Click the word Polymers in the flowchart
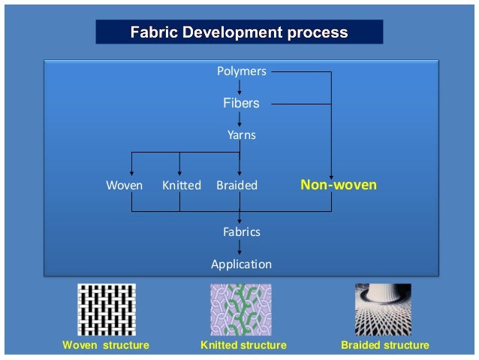coord(241,71)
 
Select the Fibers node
coord(241,103)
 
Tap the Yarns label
coord(241,135)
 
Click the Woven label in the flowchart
coord(124,185)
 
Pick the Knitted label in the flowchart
coord(182,185)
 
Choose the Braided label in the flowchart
coord(236,185)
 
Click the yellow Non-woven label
coord(339,184)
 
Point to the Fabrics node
coord(241,231)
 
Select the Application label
coord(241,264)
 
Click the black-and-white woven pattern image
coord(107,309)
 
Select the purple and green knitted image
coord(240,309)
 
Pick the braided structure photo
coord(383,309)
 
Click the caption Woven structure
coord(104,345)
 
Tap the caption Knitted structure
coord(243,345)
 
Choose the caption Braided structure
coord(384,345)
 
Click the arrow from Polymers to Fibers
coord(239,86)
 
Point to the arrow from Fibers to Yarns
coord(239,119)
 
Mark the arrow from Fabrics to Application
coord(239,248)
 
